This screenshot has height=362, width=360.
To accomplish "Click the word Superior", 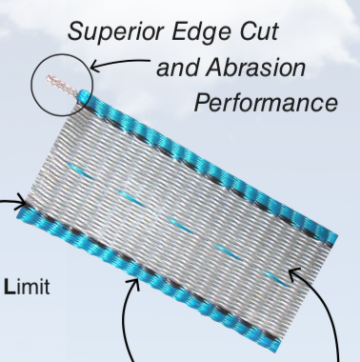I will click(115, 30).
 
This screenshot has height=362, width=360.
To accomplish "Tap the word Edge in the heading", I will click(208, 30).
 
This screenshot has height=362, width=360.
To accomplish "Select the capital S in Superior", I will click(76, 30).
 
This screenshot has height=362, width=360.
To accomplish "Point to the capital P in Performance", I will click(201, 102).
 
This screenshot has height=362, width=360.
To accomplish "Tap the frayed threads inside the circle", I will click(65, 82).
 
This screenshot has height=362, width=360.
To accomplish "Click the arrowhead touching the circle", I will click(91, 70).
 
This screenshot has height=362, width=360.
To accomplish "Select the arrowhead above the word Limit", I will click(23, 202).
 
